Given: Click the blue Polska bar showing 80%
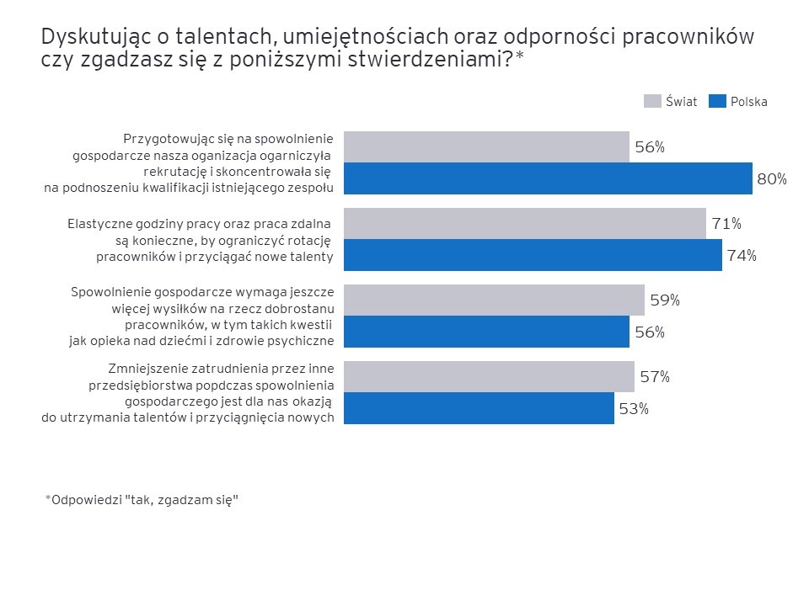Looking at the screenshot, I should point(548,178).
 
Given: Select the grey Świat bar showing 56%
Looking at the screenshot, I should point(486,146).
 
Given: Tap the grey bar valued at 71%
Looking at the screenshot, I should point(525,223).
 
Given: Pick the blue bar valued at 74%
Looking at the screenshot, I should point(533,255).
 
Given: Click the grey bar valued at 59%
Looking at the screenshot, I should point(494,300).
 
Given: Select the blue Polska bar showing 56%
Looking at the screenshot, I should point(486,332).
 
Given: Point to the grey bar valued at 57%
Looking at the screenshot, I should point(489,376).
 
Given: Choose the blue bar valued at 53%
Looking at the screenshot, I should point(479,408).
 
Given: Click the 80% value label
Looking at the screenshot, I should point(772,178).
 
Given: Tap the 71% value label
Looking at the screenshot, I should point(726,224).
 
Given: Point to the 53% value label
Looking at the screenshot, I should point(634,409).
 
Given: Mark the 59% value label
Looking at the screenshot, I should point(665,300).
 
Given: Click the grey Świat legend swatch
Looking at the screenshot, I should point(651,101).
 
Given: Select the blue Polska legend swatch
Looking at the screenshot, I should point(716,101).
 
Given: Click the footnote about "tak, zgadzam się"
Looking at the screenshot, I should point(142,499).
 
